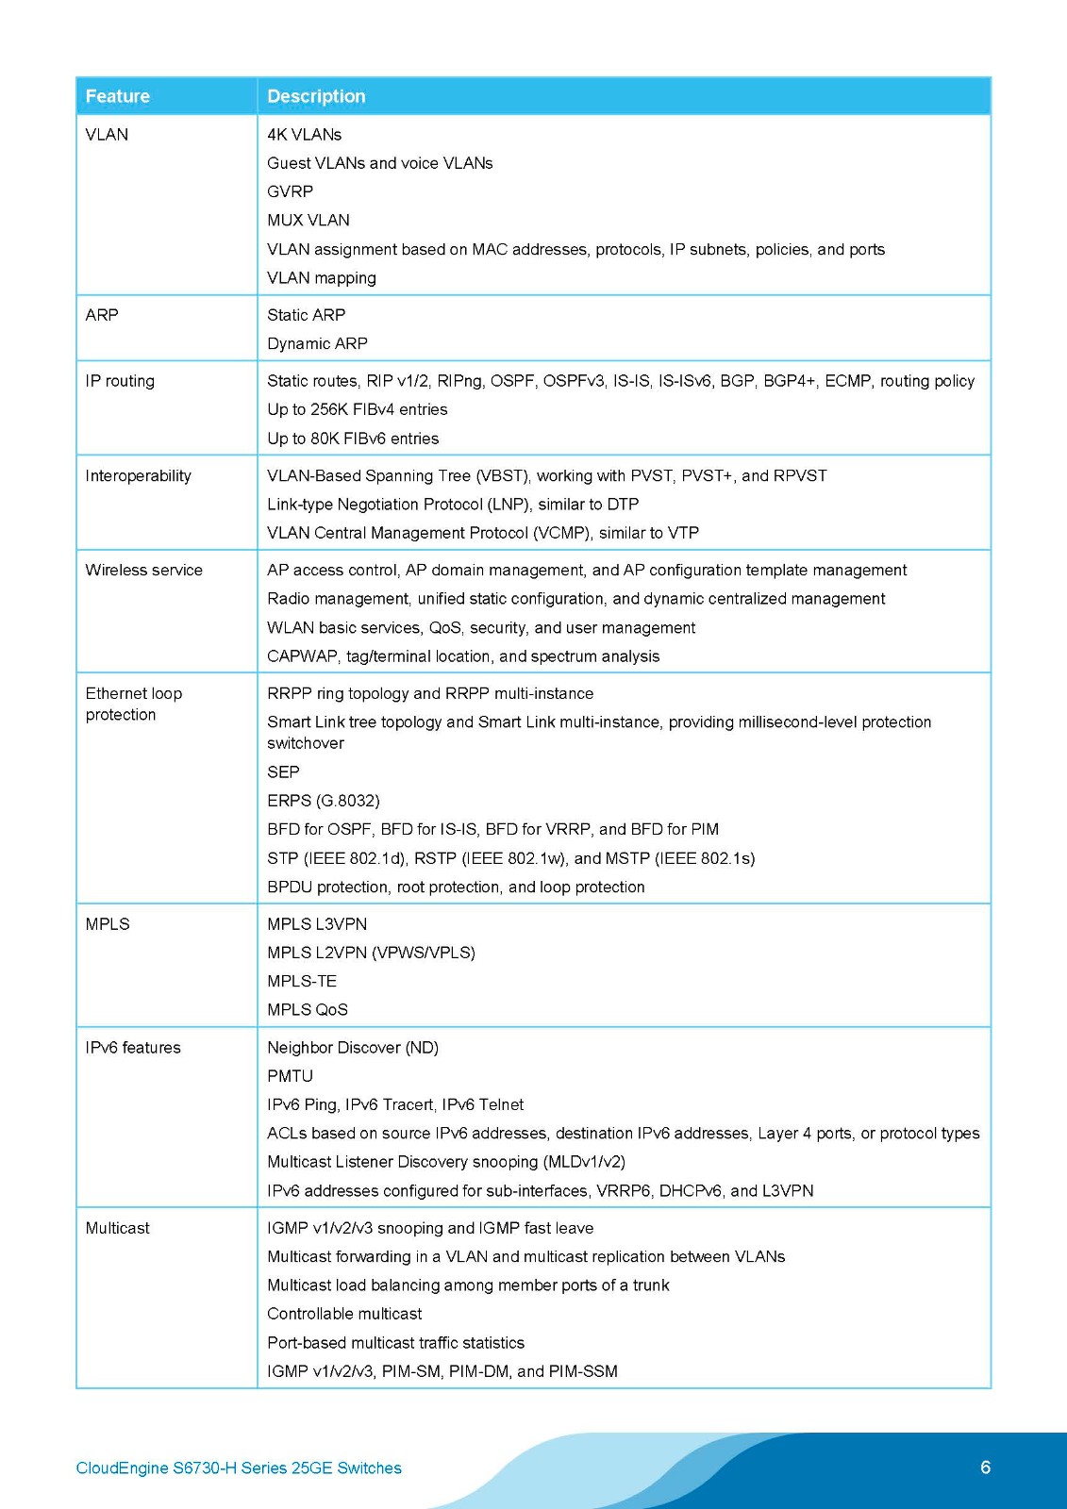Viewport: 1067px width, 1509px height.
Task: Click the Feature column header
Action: pos(118,96)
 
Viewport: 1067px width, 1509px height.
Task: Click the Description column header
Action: pos(316,96)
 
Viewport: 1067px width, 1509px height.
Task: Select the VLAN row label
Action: pos(107,135)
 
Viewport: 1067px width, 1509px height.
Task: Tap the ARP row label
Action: pos(102,315)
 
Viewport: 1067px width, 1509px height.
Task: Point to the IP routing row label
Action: pos(120,381)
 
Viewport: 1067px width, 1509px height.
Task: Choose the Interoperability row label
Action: pos(138,475)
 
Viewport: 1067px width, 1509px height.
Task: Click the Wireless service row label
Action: pos(143,570)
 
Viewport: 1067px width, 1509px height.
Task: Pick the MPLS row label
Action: pos(108,924)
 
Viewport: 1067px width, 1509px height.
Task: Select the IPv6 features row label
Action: pos(133,1048)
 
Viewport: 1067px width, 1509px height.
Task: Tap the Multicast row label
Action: pos(118,1228)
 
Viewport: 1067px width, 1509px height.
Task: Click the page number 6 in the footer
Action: pos(986,1468)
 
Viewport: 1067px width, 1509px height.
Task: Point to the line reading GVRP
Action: pos(290,191)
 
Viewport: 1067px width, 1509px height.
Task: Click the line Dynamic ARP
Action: pos(317,343)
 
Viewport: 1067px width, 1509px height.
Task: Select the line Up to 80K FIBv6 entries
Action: pos(353,439)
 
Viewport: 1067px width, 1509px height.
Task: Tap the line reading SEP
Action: pos(283,771)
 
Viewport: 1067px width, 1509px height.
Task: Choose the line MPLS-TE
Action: pos(302,981)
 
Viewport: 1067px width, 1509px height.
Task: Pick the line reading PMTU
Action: pos(290,1076)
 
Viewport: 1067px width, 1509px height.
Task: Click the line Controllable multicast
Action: pos(344,1314)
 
